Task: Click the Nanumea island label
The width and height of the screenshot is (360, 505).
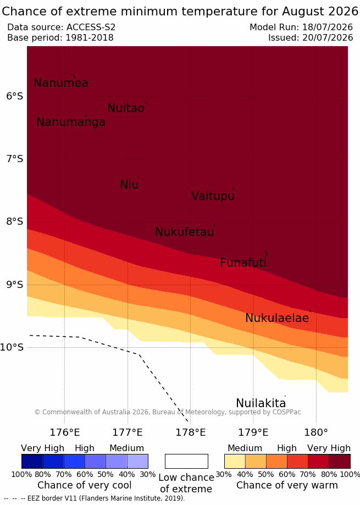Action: pyautogui.click(x=61, y=83)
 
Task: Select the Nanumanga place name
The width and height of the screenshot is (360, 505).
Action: pyautogui.click(x=71, y=122)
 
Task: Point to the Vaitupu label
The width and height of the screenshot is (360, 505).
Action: pyautogui.click(x=213, y=196)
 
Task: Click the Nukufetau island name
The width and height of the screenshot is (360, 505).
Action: pyautogui.click(x=185, y=231)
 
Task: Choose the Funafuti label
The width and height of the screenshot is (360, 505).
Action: pyautogui.click(x=243, y=263)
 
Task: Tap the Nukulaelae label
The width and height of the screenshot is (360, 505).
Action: pyautogui.click(x=277, y=318)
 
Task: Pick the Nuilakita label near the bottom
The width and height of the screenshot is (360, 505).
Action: pyautogui.click(x=261, y=403)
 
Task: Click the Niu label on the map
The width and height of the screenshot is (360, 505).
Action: pyautogui.click(x=129, y=185)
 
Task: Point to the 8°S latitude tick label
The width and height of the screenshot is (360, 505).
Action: pyautogui.click(x=15, y=221)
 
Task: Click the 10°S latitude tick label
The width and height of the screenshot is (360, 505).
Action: pyautogui.click(x=12, y=347)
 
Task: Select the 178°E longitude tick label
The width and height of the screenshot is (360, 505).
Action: pyautogui.click(x=190, y=432)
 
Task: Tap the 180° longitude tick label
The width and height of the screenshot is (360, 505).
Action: pyautogui.click(x=316, y=432)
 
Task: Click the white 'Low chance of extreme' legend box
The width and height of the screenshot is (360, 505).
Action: pyautogui.click(x=186, y=461)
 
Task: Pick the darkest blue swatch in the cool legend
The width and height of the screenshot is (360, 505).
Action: pyautogui.click(x=32, y=461)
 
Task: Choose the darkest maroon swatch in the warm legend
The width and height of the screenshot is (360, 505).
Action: pyautogui.click(x=340, y=461)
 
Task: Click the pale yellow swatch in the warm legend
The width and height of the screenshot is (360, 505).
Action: pyautogui.click(x=235, y=461)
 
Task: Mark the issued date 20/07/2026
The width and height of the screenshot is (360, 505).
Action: pyautogui.click(x=328, y=38)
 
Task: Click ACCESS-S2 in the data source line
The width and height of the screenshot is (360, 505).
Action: pyautogui.click(x=91, y=27)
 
